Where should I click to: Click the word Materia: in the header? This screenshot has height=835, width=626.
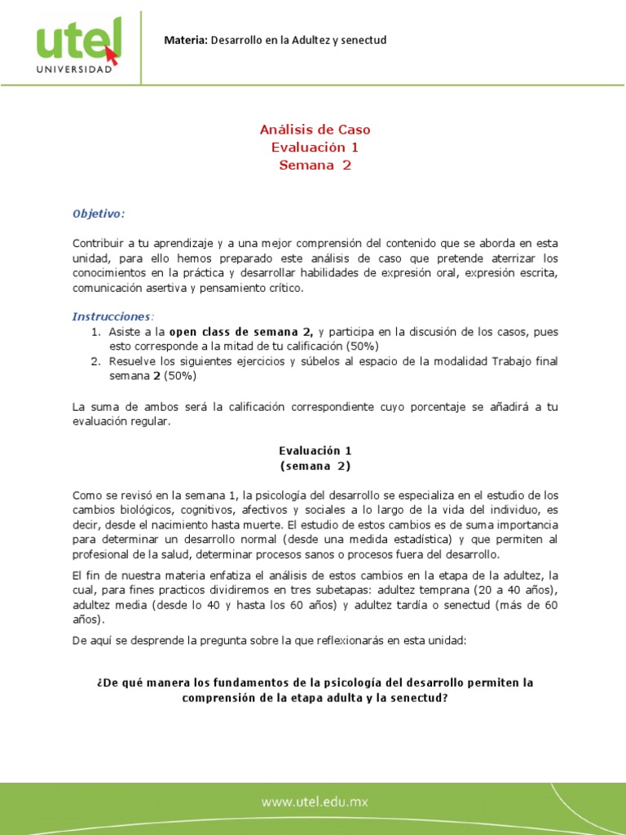[187, 40]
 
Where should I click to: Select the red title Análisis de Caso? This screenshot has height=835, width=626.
[315, 130]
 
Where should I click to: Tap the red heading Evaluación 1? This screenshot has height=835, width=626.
[315, 148]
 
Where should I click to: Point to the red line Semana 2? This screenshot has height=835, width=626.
[315, 166]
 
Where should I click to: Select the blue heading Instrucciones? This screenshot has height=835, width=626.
[112, 316]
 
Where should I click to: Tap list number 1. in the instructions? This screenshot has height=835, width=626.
[95, 332]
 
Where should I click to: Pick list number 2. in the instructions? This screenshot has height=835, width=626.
[95, 361]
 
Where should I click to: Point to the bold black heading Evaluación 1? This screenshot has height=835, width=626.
[315, 450]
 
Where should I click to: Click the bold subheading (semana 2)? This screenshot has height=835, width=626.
[315, 466]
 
